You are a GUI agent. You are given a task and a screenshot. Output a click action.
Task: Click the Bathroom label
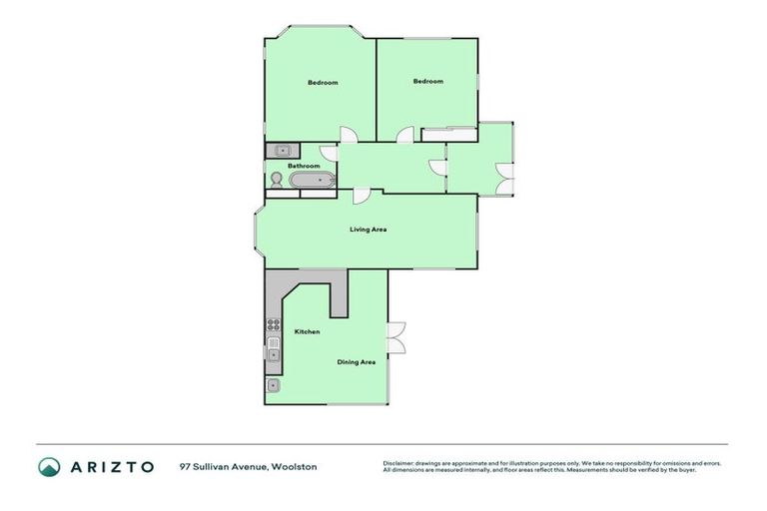click(304, 166)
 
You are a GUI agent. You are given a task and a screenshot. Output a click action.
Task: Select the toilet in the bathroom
click(275, 180)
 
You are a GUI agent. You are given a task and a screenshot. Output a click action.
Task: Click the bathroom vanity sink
click(282, 151)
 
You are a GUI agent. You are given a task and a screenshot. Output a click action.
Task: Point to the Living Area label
click(368, 230)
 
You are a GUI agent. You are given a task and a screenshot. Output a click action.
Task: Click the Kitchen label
click(307, 331)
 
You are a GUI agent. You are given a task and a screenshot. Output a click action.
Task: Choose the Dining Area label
click(356, 361)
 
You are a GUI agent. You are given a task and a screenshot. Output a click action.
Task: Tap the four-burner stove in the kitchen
click(273, 323)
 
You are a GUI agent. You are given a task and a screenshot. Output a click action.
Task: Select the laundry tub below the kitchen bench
click(273, 385)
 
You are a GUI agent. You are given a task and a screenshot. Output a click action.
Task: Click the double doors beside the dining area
click(395, 337)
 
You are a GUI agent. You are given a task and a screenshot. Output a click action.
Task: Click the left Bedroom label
click(322, 82)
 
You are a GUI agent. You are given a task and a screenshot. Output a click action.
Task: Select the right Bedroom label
click(427, 81)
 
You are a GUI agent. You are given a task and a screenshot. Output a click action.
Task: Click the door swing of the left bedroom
click(346, 136)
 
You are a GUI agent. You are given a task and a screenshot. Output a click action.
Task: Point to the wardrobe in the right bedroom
click(448, 129)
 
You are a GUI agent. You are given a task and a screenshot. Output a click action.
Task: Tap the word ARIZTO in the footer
click(111, 466)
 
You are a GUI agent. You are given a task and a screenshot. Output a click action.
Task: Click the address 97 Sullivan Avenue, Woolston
click(249, 466)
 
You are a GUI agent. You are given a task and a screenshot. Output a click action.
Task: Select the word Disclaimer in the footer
click(399, 463)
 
